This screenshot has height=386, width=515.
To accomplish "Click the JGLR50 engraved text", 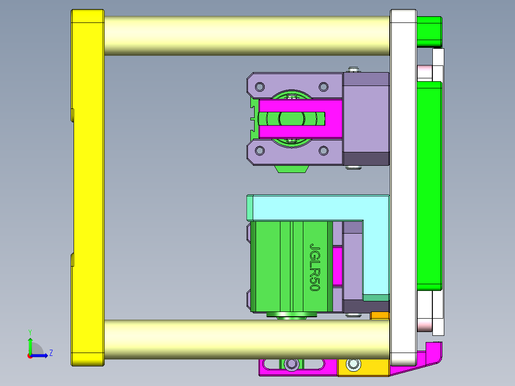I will click(314, 268).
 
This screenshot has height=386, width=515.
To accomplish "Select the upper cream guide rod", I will click(246, 36).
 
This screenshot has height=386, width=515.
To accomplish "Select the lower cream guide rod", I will click(246, 339).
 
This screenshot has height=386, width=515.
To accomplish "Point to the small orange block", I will click(380, 316).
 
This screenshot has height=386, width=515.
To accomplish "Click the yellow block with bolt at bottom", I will click(363, 367).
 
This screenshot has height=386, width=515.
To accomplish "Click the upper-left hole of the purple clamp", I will click(260, 87).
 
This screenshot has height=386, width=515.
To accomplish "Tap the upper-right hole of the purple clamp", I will click(323, 87).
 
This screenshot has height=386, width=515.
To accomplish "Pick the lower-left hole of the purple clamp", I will click(260, 151).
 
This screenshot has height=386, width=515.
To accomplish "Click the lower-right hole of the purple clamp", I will click(323, 151).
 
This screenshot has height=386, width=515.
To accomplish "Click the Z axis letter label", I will click(51, 353).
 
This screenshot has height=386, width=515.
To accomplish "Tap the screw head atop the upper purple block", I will click(354, 70).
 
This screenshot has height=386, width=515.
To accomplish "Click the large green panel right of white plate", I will click(429, 186).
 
